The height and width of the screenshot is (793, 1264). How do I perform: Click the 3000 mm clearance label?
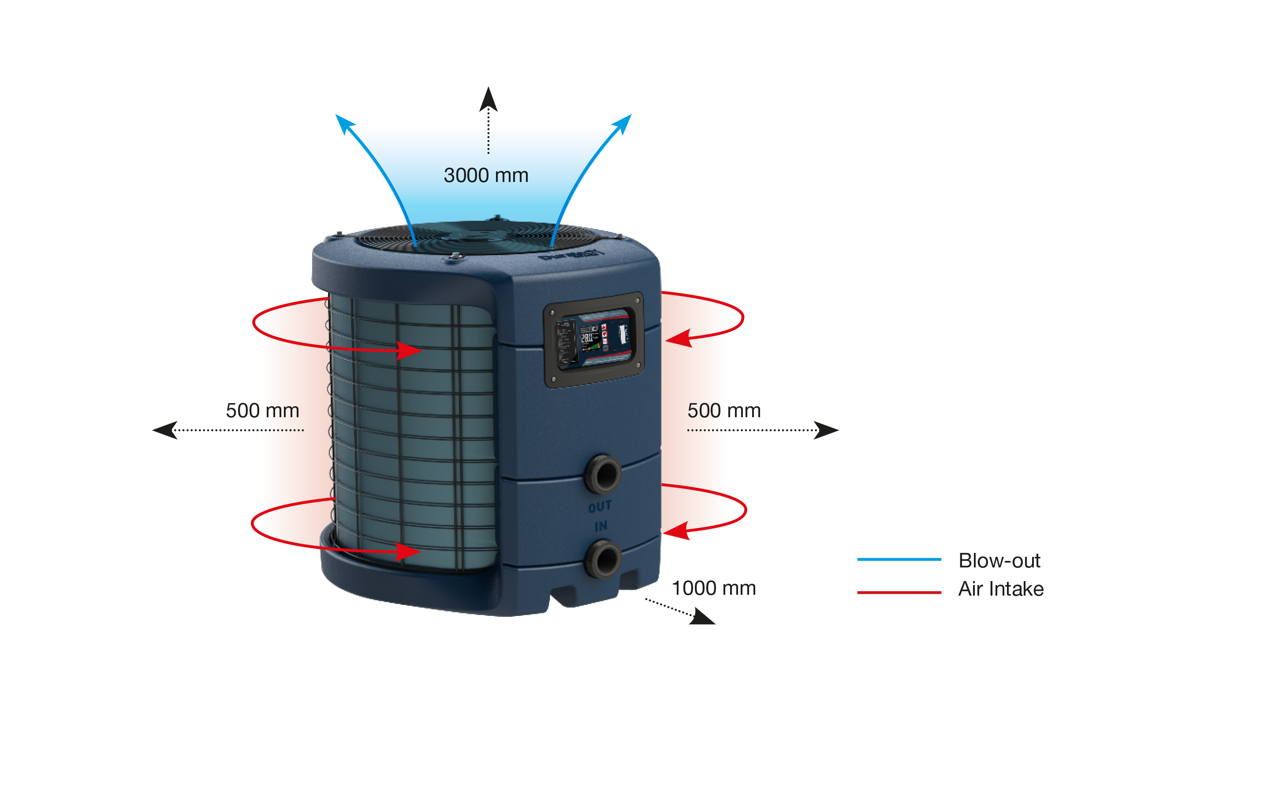485,175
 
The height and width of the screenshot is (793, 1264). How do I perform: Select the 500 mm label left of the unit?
262,410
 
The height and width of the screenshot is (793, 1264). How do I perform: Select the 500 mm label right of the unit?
723,410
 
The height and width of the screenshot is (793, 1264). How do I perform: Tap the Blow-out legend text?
999,560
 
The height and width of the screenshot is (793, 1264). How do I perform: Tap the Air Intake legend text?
1000,589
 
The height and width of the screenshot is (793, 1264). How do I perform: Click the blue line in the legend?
899,559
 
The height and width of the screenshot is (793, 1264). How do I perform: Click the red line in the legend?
899,592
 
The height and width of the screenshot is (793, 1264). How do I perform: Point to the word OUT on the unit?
600,507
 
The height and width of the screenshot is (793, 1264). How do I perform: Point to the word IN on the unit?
601,526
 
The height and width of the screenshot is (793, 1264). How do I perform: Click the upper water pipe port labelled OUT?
604,474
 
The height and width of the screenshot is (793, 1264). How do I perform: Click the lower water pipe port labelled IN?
604,559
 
